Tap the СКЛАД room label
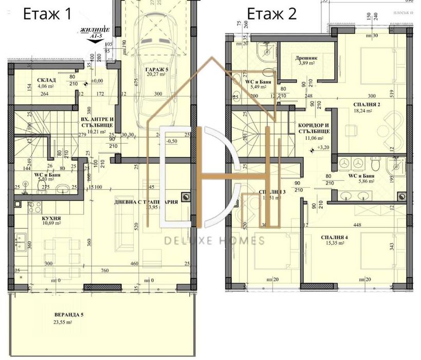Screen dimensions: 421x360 tap(47, 80)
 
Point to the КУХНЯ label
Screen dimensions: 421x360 tap(51, 218)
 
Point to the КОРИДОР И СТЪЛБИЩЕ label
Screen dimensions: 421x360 tap(314, 128)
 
